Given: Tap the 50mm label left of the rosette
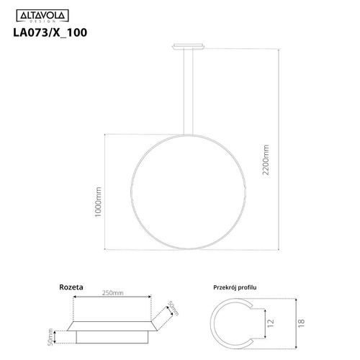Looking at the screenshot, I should tap(51, 336).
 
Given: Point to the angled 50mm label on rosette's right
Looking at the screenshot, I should tap(171, 310).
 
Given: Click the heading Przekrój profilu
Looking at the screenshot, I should tap(235, 287).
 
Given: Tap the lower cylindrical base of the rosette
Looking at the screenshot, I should tap(112, 336).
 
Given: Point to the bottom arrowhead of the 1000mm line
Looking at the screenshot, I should tap(107, 249).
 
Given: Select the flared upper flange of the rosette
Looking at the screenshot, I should tap(112, 322).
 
